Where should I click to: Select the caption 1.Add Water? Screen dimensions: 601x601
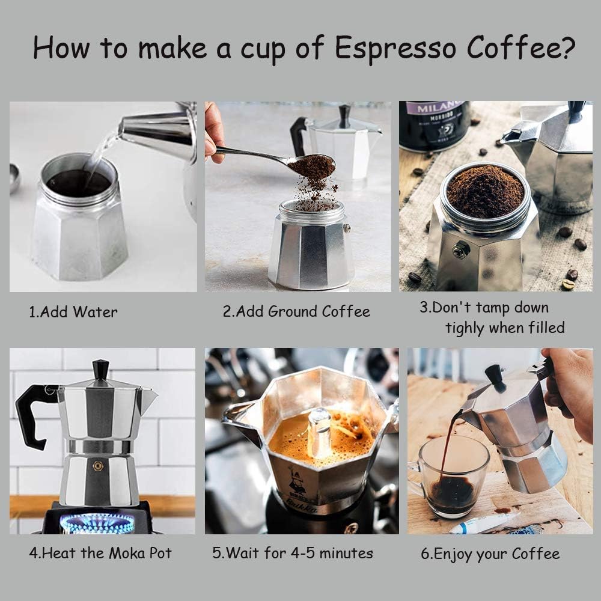[73, 312]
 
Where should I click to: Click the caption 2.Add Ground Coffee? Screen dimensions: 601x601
[296, 311]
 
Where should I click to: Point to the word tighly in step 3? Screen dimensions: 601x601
[465, 328]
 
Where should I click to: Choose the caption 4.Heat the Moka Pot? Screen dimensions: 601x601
[100, 553]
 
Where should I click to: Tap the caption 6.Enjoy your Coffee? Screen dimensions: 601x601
[490, 554]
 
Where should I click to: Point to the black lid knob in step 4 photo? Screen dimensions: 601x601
[100, 368]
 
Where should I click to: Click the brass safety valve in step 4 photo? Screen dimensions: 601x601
[97, 466]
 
